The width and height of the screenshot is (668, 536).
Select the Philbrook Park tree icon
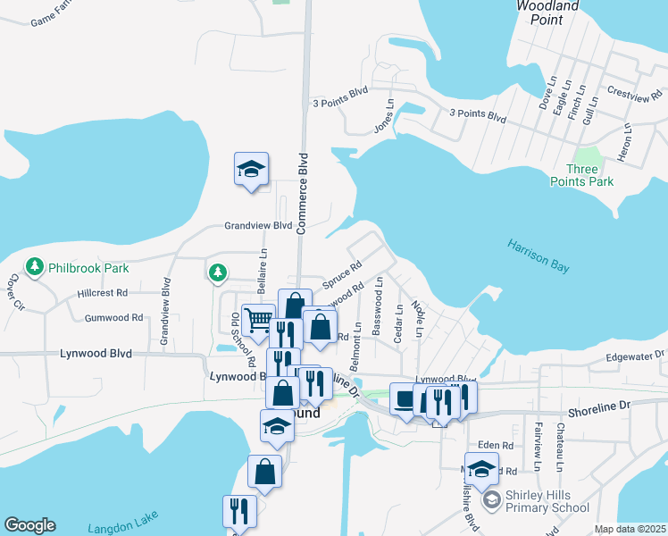[x=35, y=266]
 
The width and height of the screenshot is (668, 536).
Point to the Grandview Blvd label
[x=258, y=226]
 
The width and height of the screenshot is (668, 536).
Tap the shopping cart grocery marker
[x=258, y=319]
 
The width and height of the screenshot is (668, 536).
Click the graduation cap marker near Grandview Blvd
[x=252, y=169]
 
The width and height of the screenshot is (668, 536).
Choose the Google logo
[x=29, y=525]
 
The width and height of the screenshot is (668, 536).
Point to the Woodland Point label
[x=547, y=12]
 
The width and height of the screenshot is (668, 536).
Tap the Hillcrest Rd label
[x=103, y=293]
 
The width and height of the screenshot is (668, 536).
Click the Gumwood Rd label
[x=113, y=317]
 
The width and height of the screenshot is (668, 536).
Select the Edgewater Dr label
[x=635, y=356]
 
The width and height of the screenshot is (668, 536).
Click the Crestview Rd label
[x=633, y=92]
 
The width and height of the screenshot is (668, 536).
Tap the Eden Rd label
[x=496, y=445]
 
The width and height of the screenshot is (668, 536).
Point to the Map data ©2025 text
[x=630, y=529]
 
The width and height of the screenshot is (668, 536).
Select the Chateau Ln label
[x=560, y=448]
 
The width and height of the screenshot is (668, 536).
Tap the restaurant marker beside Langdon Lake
[x=239, y=511]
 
